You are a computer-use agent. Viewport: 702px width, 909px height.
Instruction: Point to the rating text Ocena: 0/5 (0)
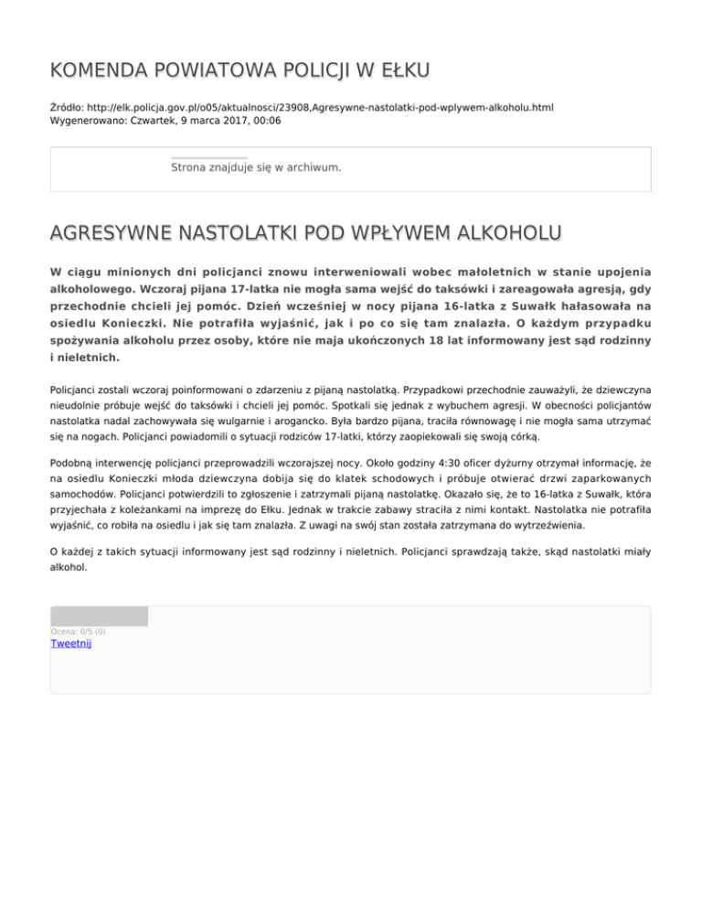pyautogui.click(x=78, y=631)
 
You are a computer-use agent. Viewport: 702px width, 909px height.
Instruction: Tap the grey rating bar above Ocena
pyautogui.click(x=99, y=616)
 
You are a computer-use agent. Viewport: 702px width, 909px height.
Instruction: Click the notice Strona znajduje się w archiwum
pyautogui.click(x=256, y=167)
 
